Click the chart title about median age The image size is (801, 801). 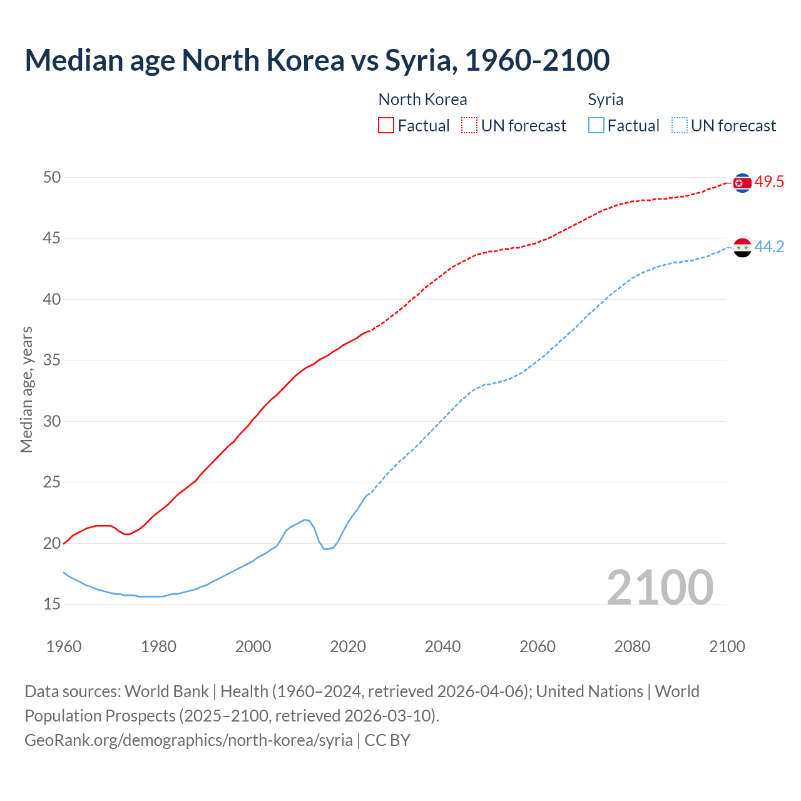(x=317, y=60)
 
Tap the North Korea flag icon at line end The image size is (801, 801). (x=742, y=183)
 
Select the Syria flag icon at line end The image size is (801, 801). (x=742, y=248)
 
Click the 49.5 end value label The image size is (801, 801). (x=769, y=182)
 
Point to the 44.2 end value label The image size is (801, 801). (x=769, y=247)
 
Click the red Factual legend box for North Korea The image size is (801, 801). (x=386, y=125)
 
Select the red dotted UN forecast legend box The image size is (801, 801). (x=469, y=125)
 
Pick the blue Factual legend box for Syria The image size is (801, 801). (x=596, y=125)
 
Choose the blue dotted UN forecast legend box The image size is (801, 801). (x=680, y=125)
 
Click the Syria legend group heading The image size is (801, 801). (x=605, y=99)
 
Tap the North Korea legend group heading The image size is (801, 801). (x=422, y=99)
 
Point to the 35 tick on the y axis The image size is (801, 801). (x=52, y=360)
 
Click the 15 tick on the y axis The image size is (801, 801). (x=52, y=605)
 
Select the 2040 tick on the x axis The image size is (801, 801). (x=442, y=646)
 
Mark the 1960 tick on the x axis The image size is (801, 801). (x=64, y=646)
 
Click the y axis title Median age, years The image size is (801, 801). (x=26, y=389)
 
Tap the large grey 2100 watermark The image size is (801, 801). (x=660, y=587)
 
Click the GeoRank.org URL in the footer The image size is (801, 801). (x=188, y=740)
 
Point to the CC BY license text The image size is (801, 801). (x=387, y=740)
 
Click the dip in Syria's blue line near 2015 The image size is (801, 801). (x=326, y=548)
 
